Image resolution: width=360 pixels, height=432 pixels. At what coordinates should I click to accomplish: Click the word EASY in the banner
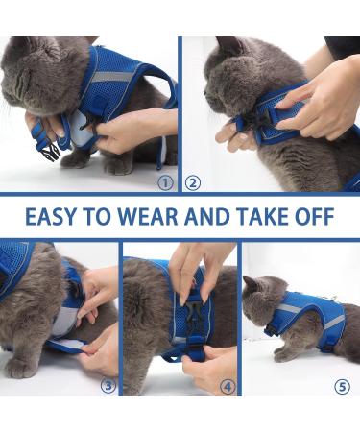tap(49, 217)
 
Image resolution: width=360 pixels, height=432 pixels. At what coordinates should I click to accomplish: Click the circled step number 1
tap(165, 182)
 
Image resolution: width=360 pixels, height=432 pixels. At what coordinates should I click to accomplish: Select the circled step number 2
tap(192, 182)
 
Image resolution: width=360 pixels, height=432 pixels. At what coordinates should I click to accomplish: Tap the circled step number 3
tap(108, 387)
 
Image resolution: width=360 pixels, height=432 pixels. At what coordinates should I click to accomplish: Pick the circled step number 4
tap(228, 387)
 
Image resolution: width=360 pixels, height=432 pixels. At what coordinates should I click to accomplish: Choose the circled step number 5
tap(342, 387)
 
